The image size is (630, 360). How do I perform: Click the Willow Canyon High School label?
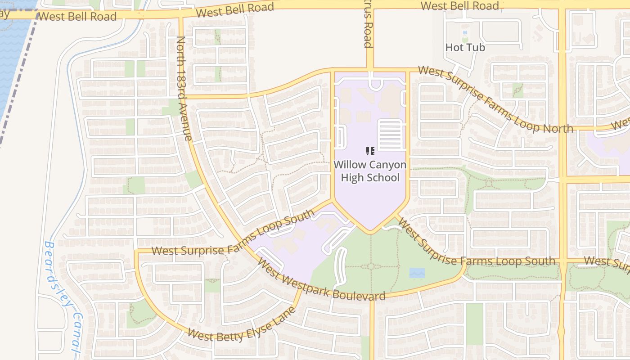pyautogui.click(x=370, y=171)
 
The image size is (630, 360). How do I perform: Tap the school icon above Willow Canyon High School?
pyautogui.click(x=370, y=151)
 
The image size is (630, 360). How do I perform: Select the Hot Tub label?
pyautogui.click(x=465, y=47)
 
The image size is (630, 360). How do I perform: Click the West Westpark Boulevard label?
pyautogui.click(x=322, y=282)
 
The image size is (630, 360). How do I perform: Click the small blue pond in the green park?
pyautogui.click(x=417, y=273)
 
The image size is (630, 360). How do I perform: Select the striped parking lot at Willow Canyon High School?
pyautogui.click(x=391, y=134)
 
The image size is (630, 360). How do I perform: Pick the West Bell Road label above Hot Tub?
pyautogui.click(x=460, y=6)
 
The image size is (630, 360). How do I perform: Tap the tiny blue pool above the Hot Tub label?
pyautogui.click(x=465, y=33)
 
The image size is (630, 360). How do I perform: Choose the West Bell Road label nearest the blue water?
pyautogui.click(x=77, y=17)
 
